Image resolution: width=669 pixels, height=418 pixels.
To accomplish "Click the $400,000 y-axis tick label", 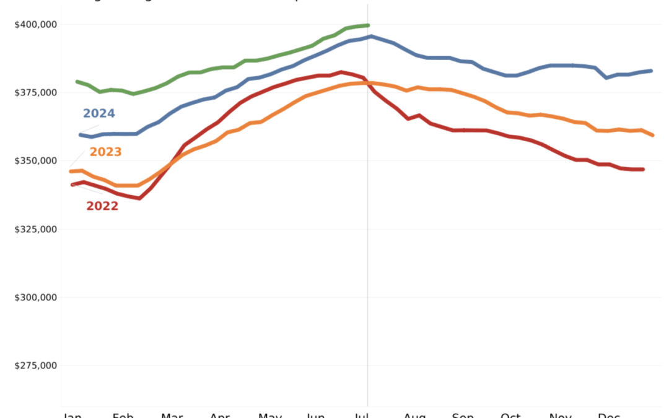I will pos(35,25).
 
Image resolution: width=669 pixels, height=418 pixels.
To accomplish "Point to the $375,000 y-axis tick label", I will pos(35,93).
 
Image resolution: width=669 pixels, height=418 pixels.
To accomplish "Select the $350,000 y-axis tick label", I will pos(35,161).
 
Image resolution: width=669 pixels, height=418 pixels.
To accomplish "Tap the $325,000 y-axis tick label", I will pos(35,229).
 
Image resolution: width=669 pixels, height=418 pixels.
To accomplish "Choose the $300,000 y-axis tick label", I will pos(35,297).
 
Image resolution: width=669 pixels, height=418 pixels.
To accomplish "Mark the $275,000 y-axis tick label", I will pos(35,365).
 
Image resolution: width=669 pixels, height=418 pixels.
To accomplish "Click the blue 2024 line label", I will pos(99,113).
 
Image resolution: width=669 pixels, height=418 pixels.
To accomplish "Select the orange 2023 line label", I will pos(105,152).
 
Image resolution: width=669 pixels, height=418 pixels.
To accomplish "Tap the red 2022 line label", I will pos(102,206).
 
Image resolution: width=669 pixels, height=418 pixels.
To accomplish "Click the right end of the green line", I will pos(368,25).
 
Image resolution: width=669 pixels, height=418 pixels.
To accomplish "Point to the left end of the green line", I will pos(77,82).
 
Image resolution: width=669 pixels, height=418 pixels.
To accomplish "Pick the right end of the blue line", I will pos(652,71).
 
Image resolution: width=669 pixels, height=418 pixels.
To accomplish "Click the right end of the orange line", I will pos(654,135).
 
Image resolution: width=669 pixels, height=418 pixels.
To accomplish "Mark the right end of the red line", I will pos(643,169).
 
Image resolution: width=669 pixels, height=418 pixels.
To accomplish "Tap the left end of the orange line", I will pos(71,172).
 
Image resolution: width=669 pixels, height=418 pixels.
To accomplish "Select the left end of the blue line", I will pos(80,134).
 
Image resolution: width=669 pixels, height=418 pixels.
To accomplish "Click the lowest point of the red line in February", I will pos(139,198).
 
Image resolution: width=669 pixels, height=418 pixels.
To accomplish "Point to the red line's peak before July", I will pos(341,72).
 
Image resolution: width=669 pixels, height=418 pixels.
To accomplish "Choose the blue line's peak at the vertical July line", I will pos(370,37).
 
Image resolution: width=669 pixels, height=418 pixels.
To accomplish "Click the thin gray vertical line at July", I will pos(367,248).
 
